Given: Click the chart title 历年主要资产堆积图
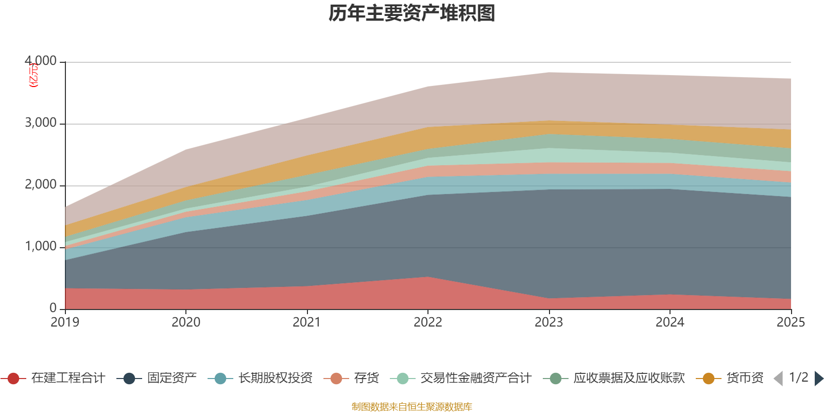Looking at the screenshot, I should (x=412, y=13).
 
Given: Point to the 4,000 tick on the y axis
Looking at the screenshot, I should (x=41, y=61).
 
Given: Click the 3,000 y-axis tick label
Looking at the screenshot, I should (x=41, y=123).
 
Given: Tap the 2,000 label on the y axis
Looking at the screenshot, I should (x=41, y=185).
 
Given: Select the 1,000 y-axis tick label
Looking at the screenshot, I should (x=41, y=247).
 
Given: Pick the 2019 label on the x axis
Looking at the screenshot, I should (x=65, y=322).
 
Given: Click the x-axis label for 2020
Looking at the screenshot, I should (x=186, y=322).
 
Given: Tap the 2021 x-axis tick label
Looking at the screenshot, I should (x=307, y=322).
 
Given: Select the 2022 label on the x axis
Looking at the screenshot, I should (x=428, y=322).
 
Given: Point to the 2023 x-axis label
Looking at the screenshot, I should (x=549, y=322).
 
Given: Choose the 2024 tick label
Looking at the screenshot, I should (x=669, y=322).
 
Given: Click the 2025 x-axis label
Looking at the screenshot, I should (x=791, y=322).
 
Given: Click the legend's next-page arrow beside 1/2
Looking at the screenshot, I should (x=818, y=379).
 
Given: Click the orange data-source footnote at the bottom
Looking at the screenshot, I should (x=412, y=407).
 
